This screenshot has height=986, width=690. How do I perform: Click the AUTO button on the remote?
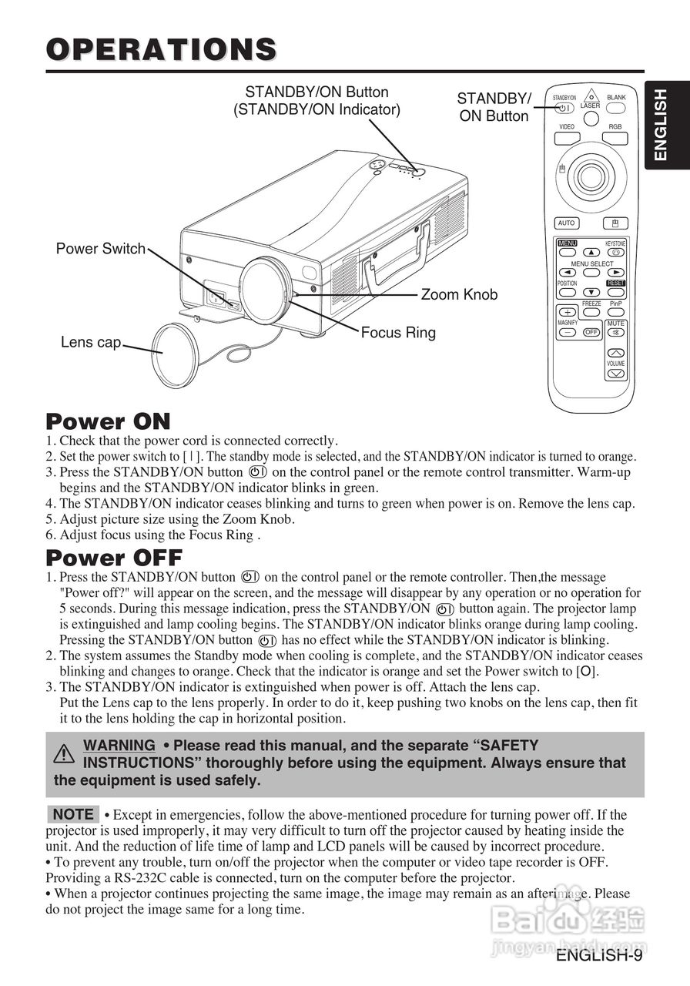point(566,223)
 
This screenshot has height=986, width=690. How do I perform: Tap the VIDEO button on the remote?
point(567,139)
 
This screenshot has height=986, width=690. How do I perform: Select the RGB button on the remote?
point(615,139)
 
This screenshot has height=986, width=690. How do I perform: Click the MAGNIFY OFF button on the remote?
point(591,333)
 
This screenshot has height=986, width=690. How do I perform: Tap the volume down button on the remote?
point(615,374)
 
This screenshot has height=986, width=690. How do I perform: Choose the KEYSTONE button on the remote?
point(615,253)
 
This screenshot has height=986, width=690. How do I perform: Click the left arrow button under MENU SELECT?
point(568,272)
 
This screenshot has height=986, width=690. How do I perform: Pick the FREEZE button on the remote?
point(591,313)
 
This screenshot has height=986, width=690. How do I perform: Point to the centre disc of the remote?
point(591,176)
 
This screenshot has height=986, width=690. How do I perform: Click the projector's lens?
point(266,289)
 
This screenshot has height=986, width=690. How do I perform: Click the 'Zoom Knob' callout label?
point(459,295)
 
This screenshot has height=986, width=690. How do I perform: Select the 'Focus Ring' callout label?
point(398,333)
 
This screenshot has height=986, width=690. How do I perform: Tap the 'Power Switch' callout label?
point(100,249)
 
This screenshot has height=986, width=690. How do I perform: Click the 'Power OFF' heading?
point(114,557)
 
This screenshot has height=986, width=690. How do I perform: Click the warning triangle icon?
point(65,753)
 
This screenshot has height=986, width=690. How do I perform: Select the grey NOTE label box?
point(73,814)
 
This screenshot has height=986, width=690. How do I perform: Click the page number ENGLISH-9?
point(599,956)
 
